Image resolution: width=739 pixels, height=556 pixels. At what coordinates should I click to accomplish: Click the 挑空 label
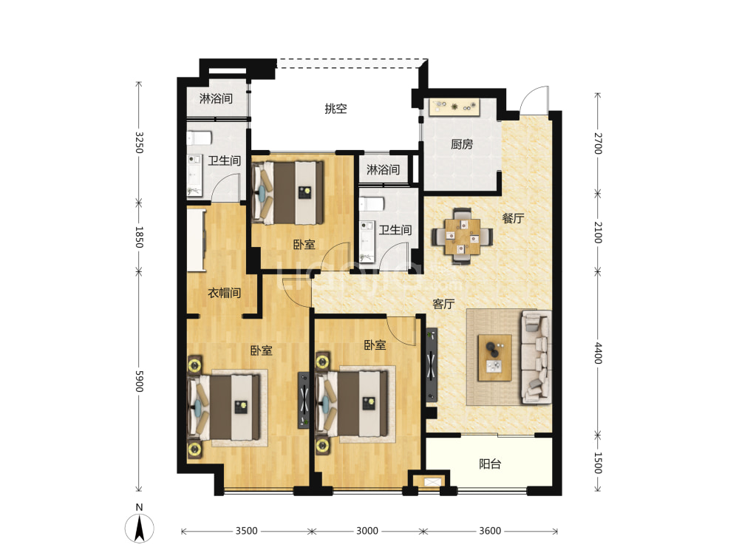(336, 109)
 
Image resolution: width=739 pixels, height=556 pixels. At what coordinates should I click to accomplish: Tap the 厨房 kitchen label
(461, 144)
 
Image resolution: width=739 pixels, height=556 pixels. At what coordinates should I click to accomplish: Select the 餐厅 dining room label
(513, 218)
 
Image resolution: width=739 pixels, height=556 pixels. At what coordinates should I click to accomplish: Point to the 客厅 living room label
(443, 304)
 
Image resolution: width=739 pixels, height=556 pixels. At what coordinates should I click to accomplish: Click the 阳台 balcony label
(490, 464)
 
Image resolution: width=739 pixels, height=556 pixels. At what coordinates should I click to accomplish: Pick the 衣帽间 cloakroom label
(225, 293)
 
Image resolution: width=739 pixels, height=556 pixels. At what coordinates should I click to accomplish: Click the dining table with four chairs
(463, 235)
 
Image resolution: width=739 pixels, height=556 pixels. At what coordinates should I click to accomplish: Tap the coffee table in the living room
(494, 358)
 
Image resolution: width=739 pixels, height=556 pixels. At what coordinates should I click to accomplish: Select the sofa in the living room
(537, 357)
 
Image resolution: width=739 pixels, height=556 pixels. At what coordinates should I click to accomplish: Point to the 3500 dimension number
(247, 531)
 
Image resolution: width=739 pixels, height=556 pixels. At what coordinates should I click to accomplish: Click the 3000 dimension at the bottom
(367, 531)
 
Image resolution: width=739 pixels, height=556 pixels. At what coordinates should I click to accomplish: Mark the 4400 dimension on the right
(598, 353)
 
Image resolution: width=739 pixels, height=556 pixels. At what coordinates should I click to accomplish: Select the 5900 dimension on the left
(139, 381)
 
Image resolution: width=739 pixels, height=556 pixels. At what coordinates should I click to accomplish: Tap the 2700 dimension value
(598, 143)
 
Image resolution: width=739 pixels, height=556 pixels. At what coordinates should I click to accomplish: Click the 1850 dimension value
(139, 237)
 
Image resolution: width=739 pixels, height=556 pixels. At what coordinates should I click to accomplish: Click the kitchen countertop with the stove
(454, 107)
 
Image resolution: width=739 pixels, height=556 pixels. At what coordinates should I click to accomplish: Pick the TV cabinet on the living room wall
(432, 365)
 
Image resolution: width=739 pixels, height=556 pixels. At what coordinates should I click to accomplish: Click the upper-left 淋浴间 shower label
(216, 98)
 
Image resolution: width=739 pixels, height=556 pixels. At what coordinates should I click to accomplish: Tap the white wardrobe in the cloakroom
(197, 240)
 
